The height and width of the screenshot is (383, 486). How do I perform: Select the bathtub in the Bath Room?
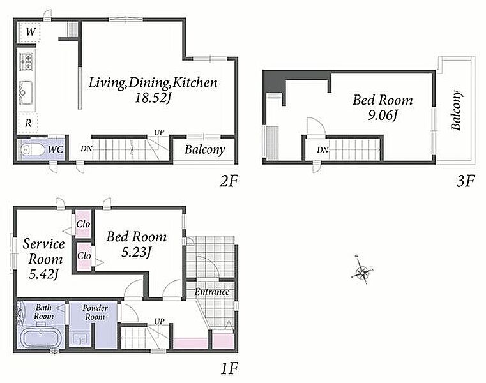coord(41,338)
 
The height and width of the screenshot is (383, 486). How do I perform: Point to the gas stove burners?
coord(26,62)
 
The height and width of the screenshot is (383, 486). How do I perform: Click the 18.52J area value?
coord(153,98)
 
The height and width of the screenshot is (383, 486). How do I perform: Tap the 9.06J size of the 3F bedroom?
coord(382,116)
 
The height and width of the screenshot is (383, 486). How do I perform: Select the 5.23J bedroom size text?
coord(136,252)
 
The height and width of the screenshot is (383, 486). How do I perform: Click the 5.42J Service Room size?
coord(44,274)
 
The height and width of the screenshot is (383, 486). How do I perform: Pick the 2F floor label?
coord(228,181)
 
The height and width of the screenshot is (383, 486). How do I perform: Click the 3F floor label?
coord(465,181)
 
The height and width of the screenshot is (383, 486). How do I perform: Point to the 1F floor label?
coord(229,368)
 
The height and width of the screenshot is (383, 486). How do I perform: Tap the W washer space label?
coord(31,32)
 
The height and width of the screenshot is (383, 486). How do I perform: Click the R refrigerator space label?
coord(28,123)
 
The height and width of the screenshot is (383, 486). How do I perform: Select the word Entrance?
coord(212,292)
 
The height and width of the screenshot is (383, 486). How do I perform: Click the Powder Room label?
coord(95,312)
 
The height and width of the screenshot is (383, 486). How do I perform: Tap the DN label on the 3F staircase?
coord(323,150)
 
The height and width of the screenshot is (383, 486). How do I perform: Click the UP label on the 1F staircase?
coord(159,321)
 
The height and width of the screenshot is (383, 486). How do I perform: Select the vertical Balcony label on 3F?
coord(456,110)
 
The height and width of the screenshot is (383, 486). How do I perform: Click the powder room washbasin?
coord(80,339)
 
